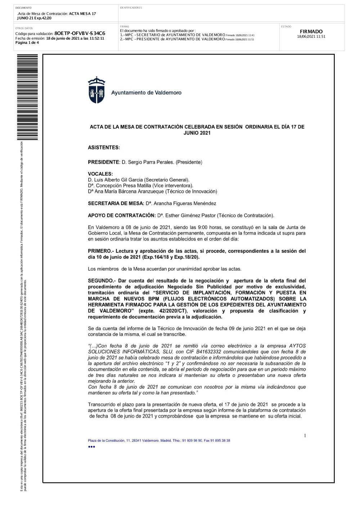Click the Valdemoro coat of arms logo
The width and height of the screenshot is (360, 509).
[x=96, y=90]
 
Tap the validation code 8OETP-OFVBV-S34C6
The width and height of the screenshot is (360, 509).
[x=80, y=33]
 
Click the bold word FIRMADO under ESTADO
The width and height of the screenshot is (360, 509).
[x=311, y=32]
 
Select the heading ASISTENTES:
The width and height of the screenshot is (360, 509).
[x=104, y=148]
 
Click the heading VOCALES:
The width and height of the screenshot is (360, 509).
[x=100, y=174]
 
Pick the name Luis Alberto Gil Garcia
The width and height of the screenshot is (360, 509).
[x=118, y=180]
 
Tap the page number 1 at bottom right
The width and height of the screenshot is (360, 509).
[x=305, y=436]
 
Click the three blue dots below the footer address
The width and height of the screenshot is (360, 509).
[x=91, y=447]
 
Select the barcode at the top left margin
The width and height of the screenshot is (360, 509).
[x=27, y=97]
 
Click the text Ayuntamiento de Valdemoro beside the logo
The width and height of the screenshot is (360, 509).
[x=146, y=93]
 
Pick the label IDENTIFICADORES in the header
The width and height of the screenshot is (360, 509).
[x=131, y=8]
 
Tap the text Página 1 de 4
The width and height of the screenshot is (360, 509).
[x=27, y=42]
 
